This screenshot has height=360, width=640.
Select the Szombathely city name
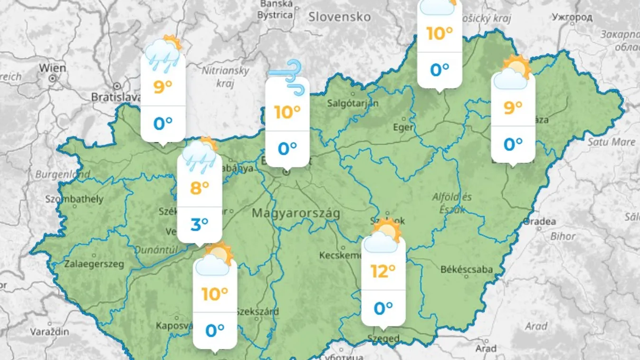74,199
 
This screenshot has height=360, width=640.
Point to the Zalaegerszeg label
94,264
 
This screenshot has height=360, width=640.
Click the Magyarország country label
296,213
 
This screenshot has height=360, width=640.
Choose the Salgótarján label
353,103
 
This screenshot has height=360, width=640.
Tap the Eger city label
403,127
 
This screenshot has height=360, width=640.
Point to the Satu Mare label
611,142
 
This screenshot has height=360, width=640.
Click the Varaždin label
50,332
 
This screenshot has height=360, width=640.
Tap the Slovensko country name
339,17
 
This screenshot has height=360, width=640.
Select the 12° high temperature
383,271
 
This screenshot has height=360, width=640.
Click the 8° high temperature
200,188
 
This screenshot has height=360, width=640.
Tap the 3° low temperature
200,224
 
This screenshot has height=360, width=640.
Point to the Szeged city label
383,339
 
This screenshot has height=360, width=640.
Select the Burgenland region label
62,175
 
